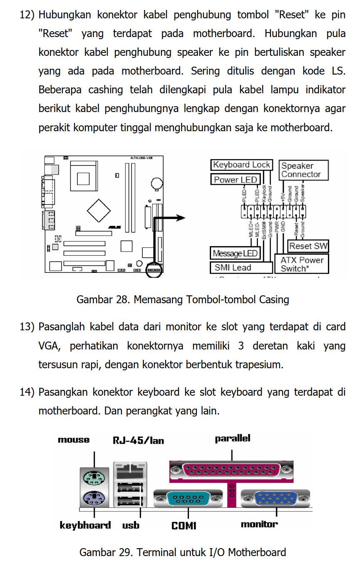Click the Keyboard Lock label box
(241, 165)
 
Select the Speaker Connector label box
(303, 170)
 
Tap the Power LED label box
(235, 180)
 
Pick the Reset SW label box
(308, 246)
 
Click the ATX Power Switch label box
(302, 264)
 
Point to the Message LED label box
(235, 253)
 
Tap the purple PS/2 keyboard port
(94, 497)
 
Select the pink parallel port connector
(231, 470)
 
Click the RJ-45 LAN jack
(130, 471)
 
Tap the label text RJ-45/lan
(138, 440)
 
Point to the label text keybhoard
(85, 525)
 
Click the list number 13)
(27, 327)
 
